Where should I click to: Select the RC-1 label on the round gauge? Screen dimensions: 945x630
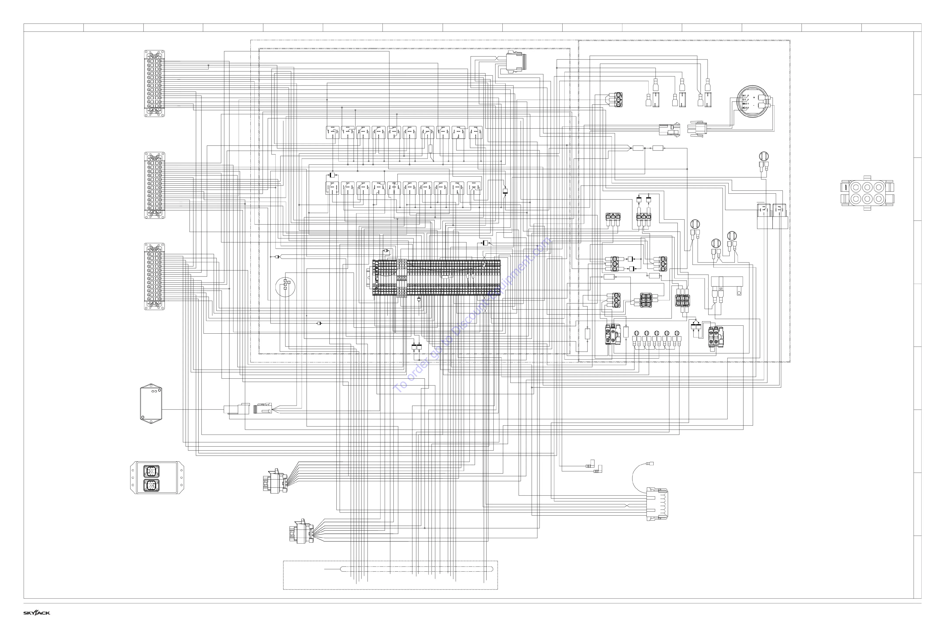click(744, 108)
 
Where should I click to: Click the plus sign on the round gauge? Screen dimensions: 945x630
click(754, 97)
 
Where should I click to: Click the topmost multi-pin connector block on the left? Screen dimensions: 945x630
click(154, 84)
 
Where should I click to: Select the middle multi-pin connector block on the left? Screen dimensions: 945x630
click(154, 186)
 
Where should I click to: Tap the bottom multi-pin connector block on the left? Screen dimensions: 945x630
click(154, 276)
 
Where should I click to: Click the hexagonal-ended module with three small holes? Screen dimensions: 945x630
click(151, 403)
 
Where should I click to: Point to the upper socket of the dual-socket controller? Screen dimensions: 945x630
click(151, 471)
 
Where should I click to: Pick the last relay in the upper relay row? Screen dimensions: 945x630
click(476, 132)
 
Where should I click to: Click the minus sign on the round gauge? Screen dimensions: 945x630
click(754, 105)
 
